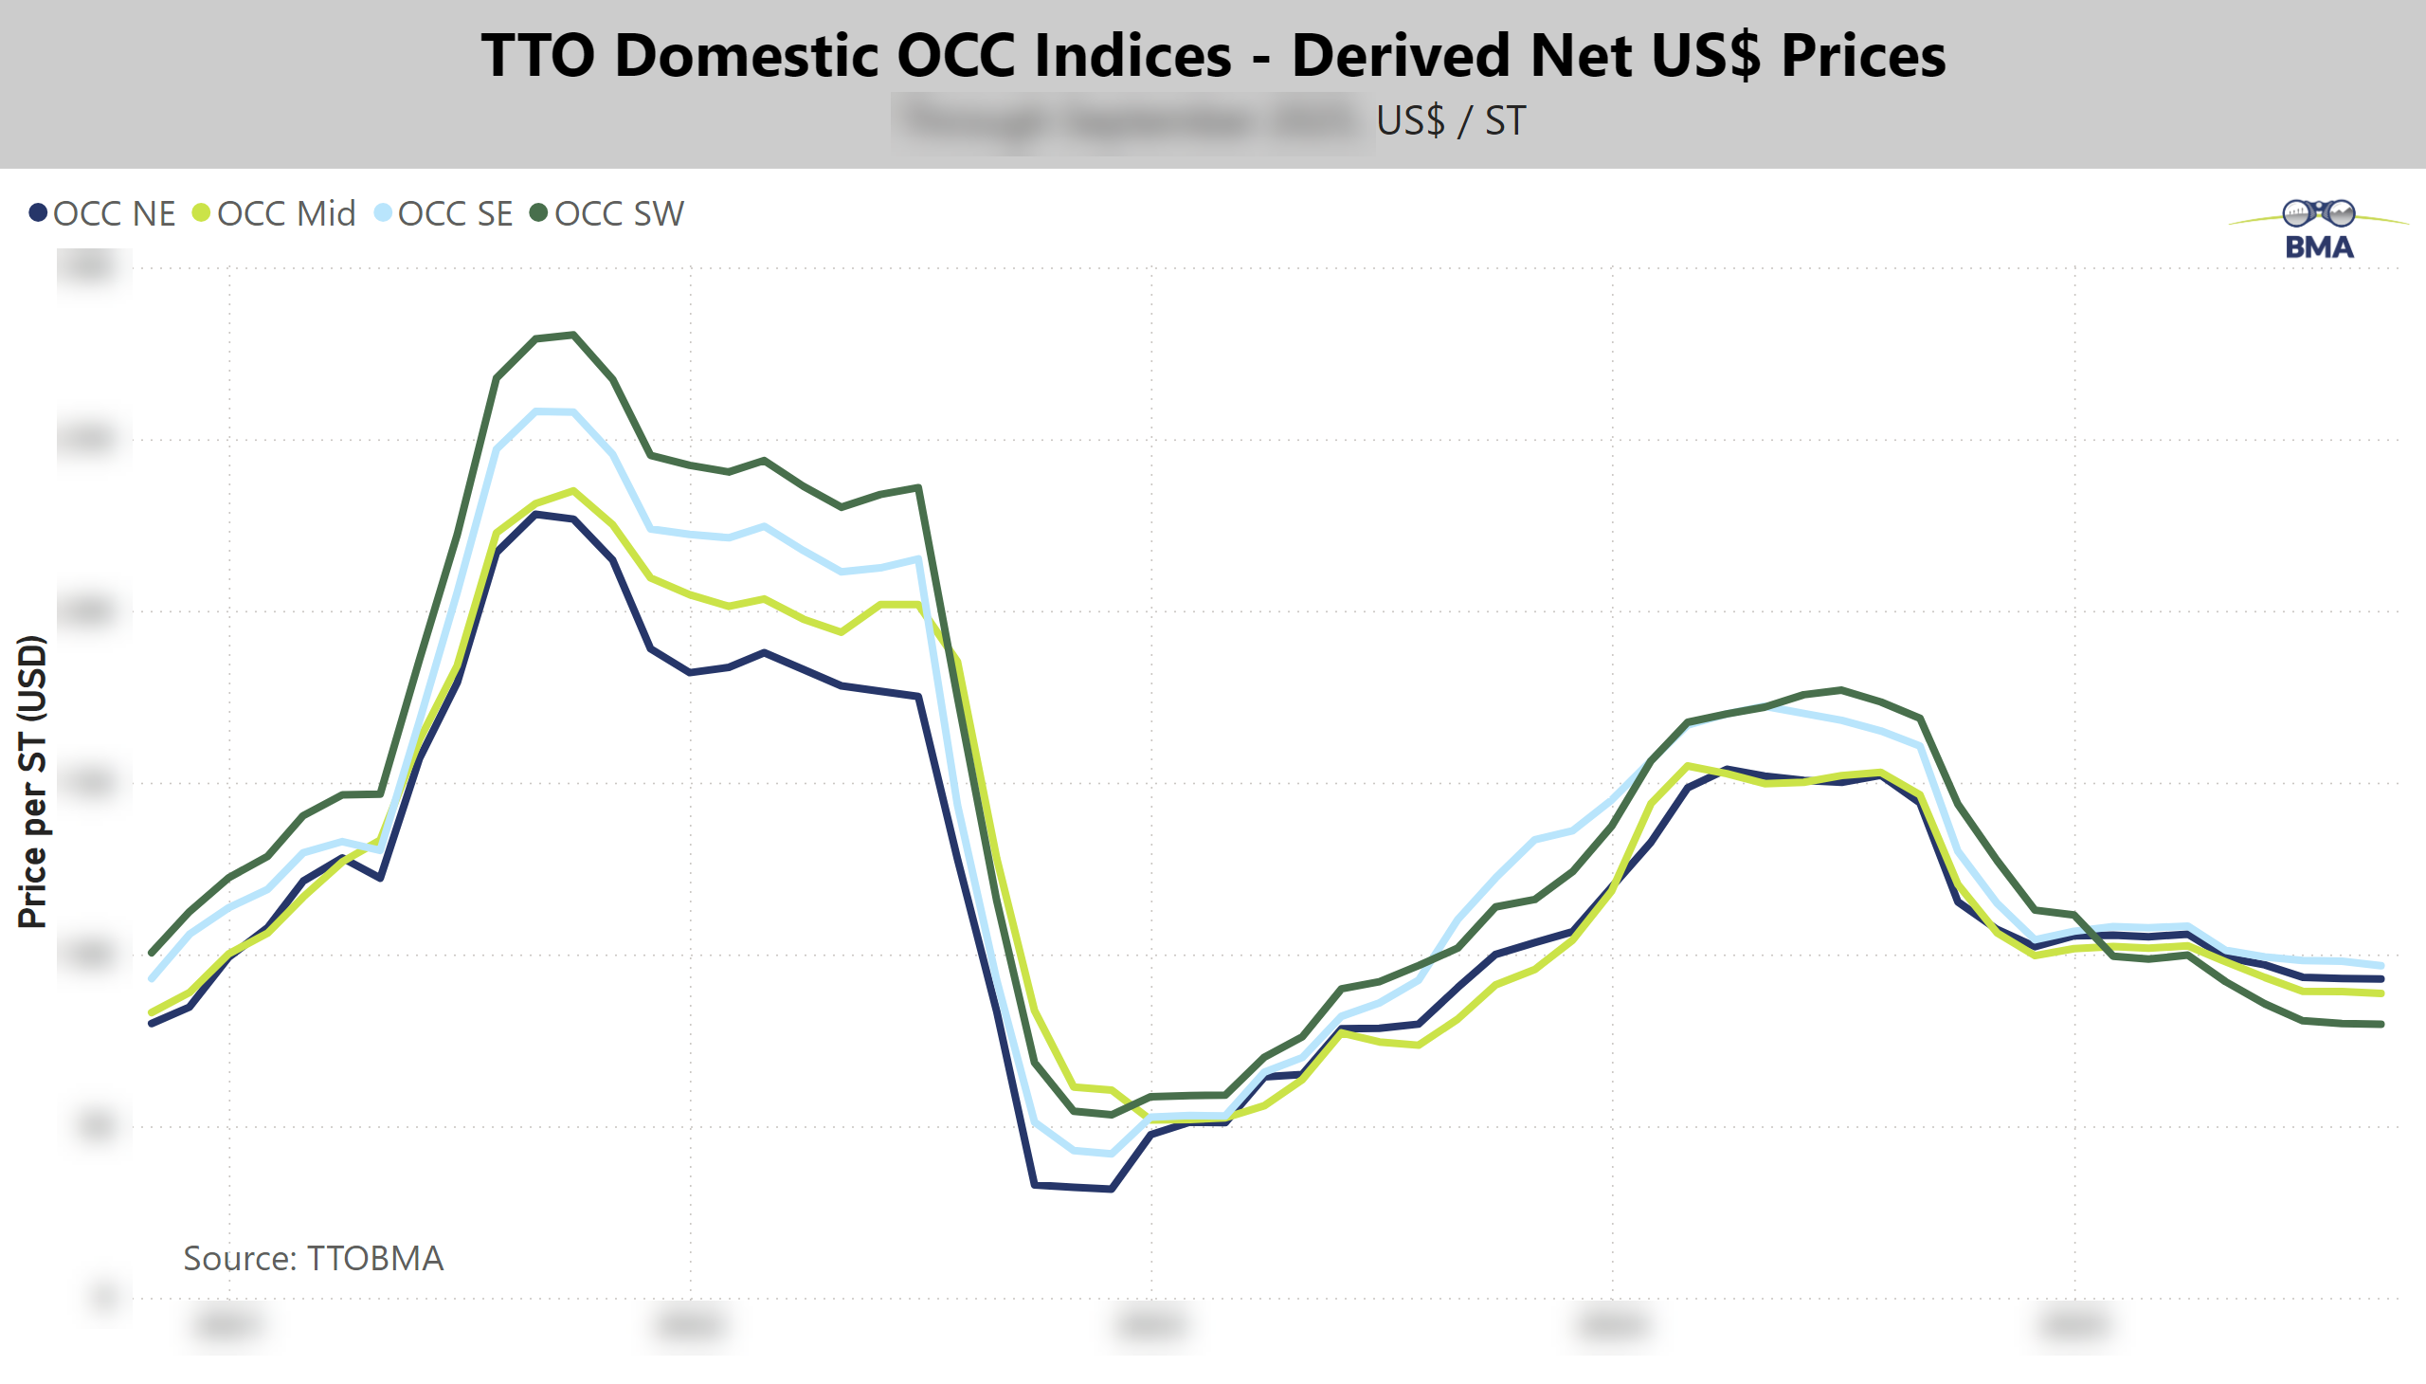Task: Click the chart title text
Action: click(x=1212, y=55)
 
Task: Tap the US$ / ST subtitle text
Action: click(x=1450, y=120)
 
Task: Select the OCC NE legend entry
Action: click(x=114, y=214)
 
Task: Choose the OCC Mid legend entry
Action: click(x=285, y=214)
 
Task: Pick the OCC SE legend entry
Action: click(x=454, y=214)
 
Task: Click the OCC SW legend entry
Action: click(x=618, y=214)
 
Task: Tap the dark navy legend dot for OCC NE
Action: click(x=38, y=213)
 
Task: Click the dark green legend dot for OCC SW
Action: click(x=539, y=213)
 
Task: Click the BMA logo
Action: click(x=2319, y=230)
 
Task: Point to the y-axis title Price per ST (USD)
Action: click(x=32, y=781)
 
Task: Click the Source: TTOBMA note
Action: click(x=313, y=1258)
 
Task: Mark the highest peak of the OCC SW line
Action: click(x=573, y=335)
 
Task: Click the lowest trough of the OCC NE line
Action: click(x=1111, y=1188)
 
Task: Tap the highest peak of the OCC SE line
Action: click(x=538, y=411)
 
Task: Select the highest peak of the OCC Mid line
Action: click(x=573, y=491)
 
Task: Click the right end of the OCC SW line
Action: click(x=2381, y=1024)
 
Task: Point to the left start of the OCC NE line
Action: click(x=152, y=1023)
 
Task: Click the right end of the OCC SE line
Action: click(x=2381, y=965)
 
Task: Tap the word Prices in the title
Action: click(x=1862, y=55)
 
